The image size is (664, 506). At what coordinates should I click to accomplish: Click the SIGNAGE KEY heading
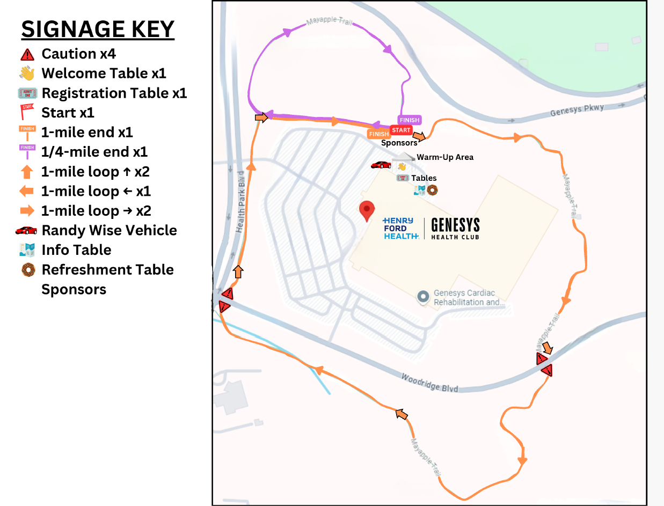pos(98,30)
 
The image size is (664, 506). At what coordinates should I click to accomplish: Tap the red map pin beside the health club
pos(367,211)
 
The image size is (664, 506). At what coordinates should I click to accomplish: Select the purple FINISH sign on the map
pos(409,120)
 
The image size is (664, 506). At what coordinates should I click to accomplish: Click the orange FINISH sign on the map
pos(378,134)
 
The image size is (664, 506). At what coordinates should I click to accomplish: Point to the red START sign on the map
pos(401,130)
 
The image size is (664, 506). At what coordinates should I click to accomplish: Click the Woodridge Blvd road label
pos(429,383)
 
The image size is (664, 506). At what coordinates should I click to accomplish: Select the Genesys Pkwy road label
pos(577,111)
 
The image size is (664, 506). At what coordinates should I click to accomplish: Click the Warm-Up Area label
pos(445,157)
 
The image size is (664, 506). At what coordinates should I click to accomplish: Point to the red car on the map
pos(381,165)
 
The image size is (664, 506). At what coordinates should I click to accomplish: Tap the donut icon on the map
pos(432,190)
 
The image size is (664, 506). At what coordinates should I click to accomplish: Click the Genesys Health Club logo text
pos(455,229)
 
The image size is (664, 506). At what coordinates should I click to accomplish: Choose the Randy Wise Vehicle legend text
pos(109,230)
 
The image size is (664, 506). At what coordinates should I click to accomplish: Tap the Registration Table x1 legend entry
pos(114,93)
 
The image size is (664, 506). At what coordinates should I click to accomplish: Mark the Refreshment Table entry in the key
pos(107,269)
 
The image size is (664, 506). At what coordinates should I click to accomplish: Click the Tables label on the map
pos(424,178)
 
